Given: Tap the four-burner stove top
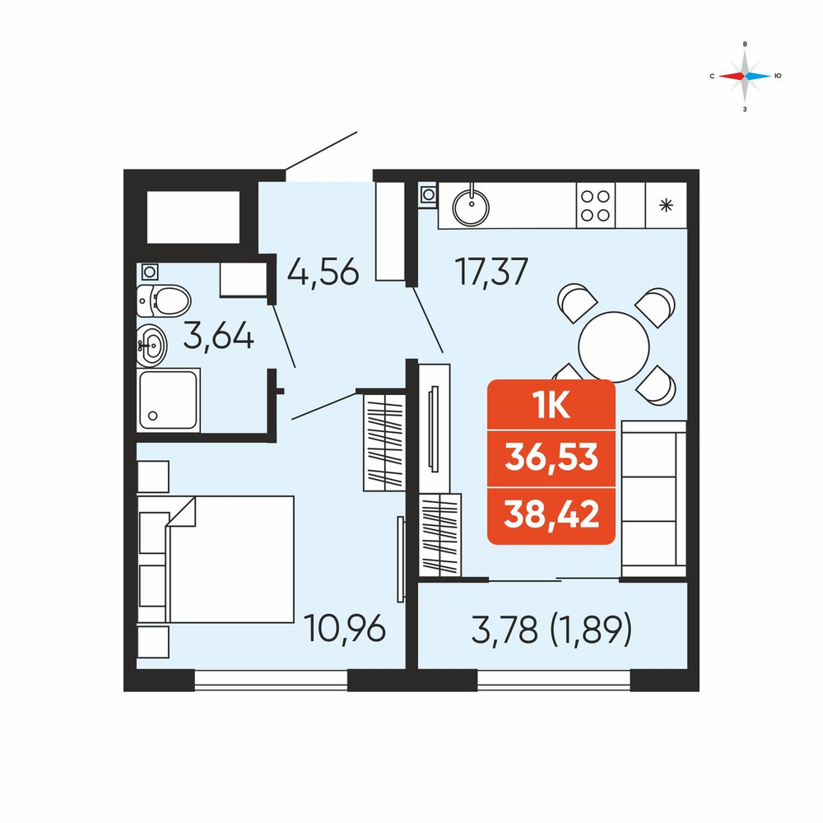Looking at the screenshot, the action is coord(595,205).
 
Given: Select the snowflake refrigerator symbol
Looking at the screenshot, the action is coord(666,205).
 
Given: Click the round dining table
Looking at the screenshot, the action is coord(614,347).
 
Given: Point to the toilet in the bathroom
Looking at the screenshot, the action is coord(163,300).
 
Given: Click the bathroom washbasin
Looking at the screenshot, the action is coord(151,346).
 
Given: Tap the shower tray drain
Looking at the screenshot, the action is coord(153,416).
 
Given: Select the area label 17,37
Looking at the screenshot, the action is coord(491,272).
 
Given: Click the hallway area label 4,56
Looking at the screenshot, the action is coord(323,272).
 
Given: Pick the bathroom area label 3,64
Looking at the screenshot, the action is coord(218,336).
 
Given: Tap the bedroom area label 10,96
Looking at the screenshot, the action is coord(345,628).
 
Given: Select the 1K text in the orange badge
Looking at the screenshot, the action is coord(551,405).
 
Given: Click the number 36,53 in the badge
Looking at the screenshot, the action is coord(551,457).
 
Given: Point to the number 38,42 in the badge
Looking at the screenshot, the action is coord(551,514).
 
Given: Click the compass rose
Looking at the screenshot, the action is coord(745,76).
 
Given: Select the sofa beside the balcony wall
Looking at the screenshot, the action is coord(653,500).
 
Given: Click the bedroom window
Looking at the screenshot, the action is coord(271,680).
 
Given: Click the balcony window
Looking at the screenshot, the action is coord(554,680).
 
